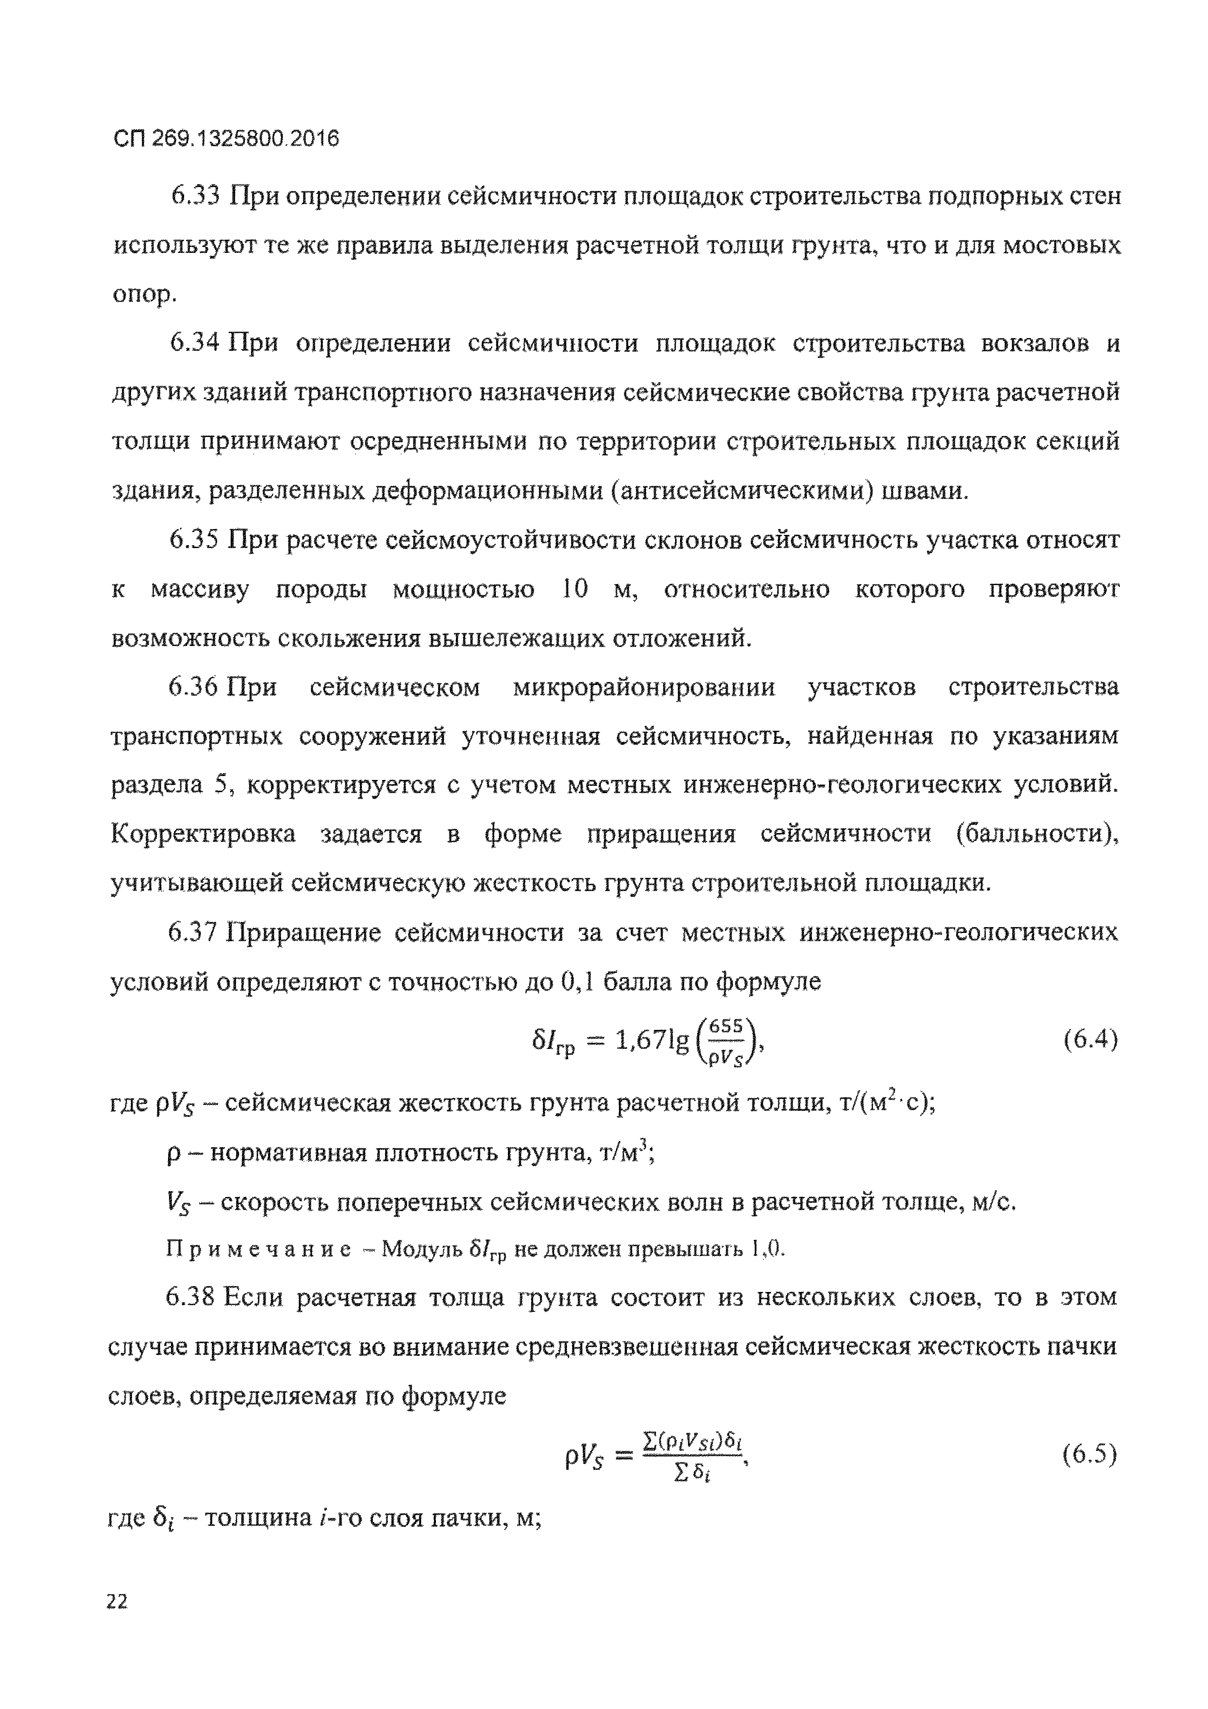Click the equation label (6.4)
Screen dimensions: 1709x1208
(x=1091, y=1038)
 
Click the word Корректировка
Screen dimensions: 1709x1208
(x=203, y=834)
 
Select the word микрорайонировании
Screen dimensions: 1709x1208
(x=644, y=686)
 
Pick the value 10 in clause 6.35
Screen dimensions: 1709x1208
(x=575, y=589)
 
